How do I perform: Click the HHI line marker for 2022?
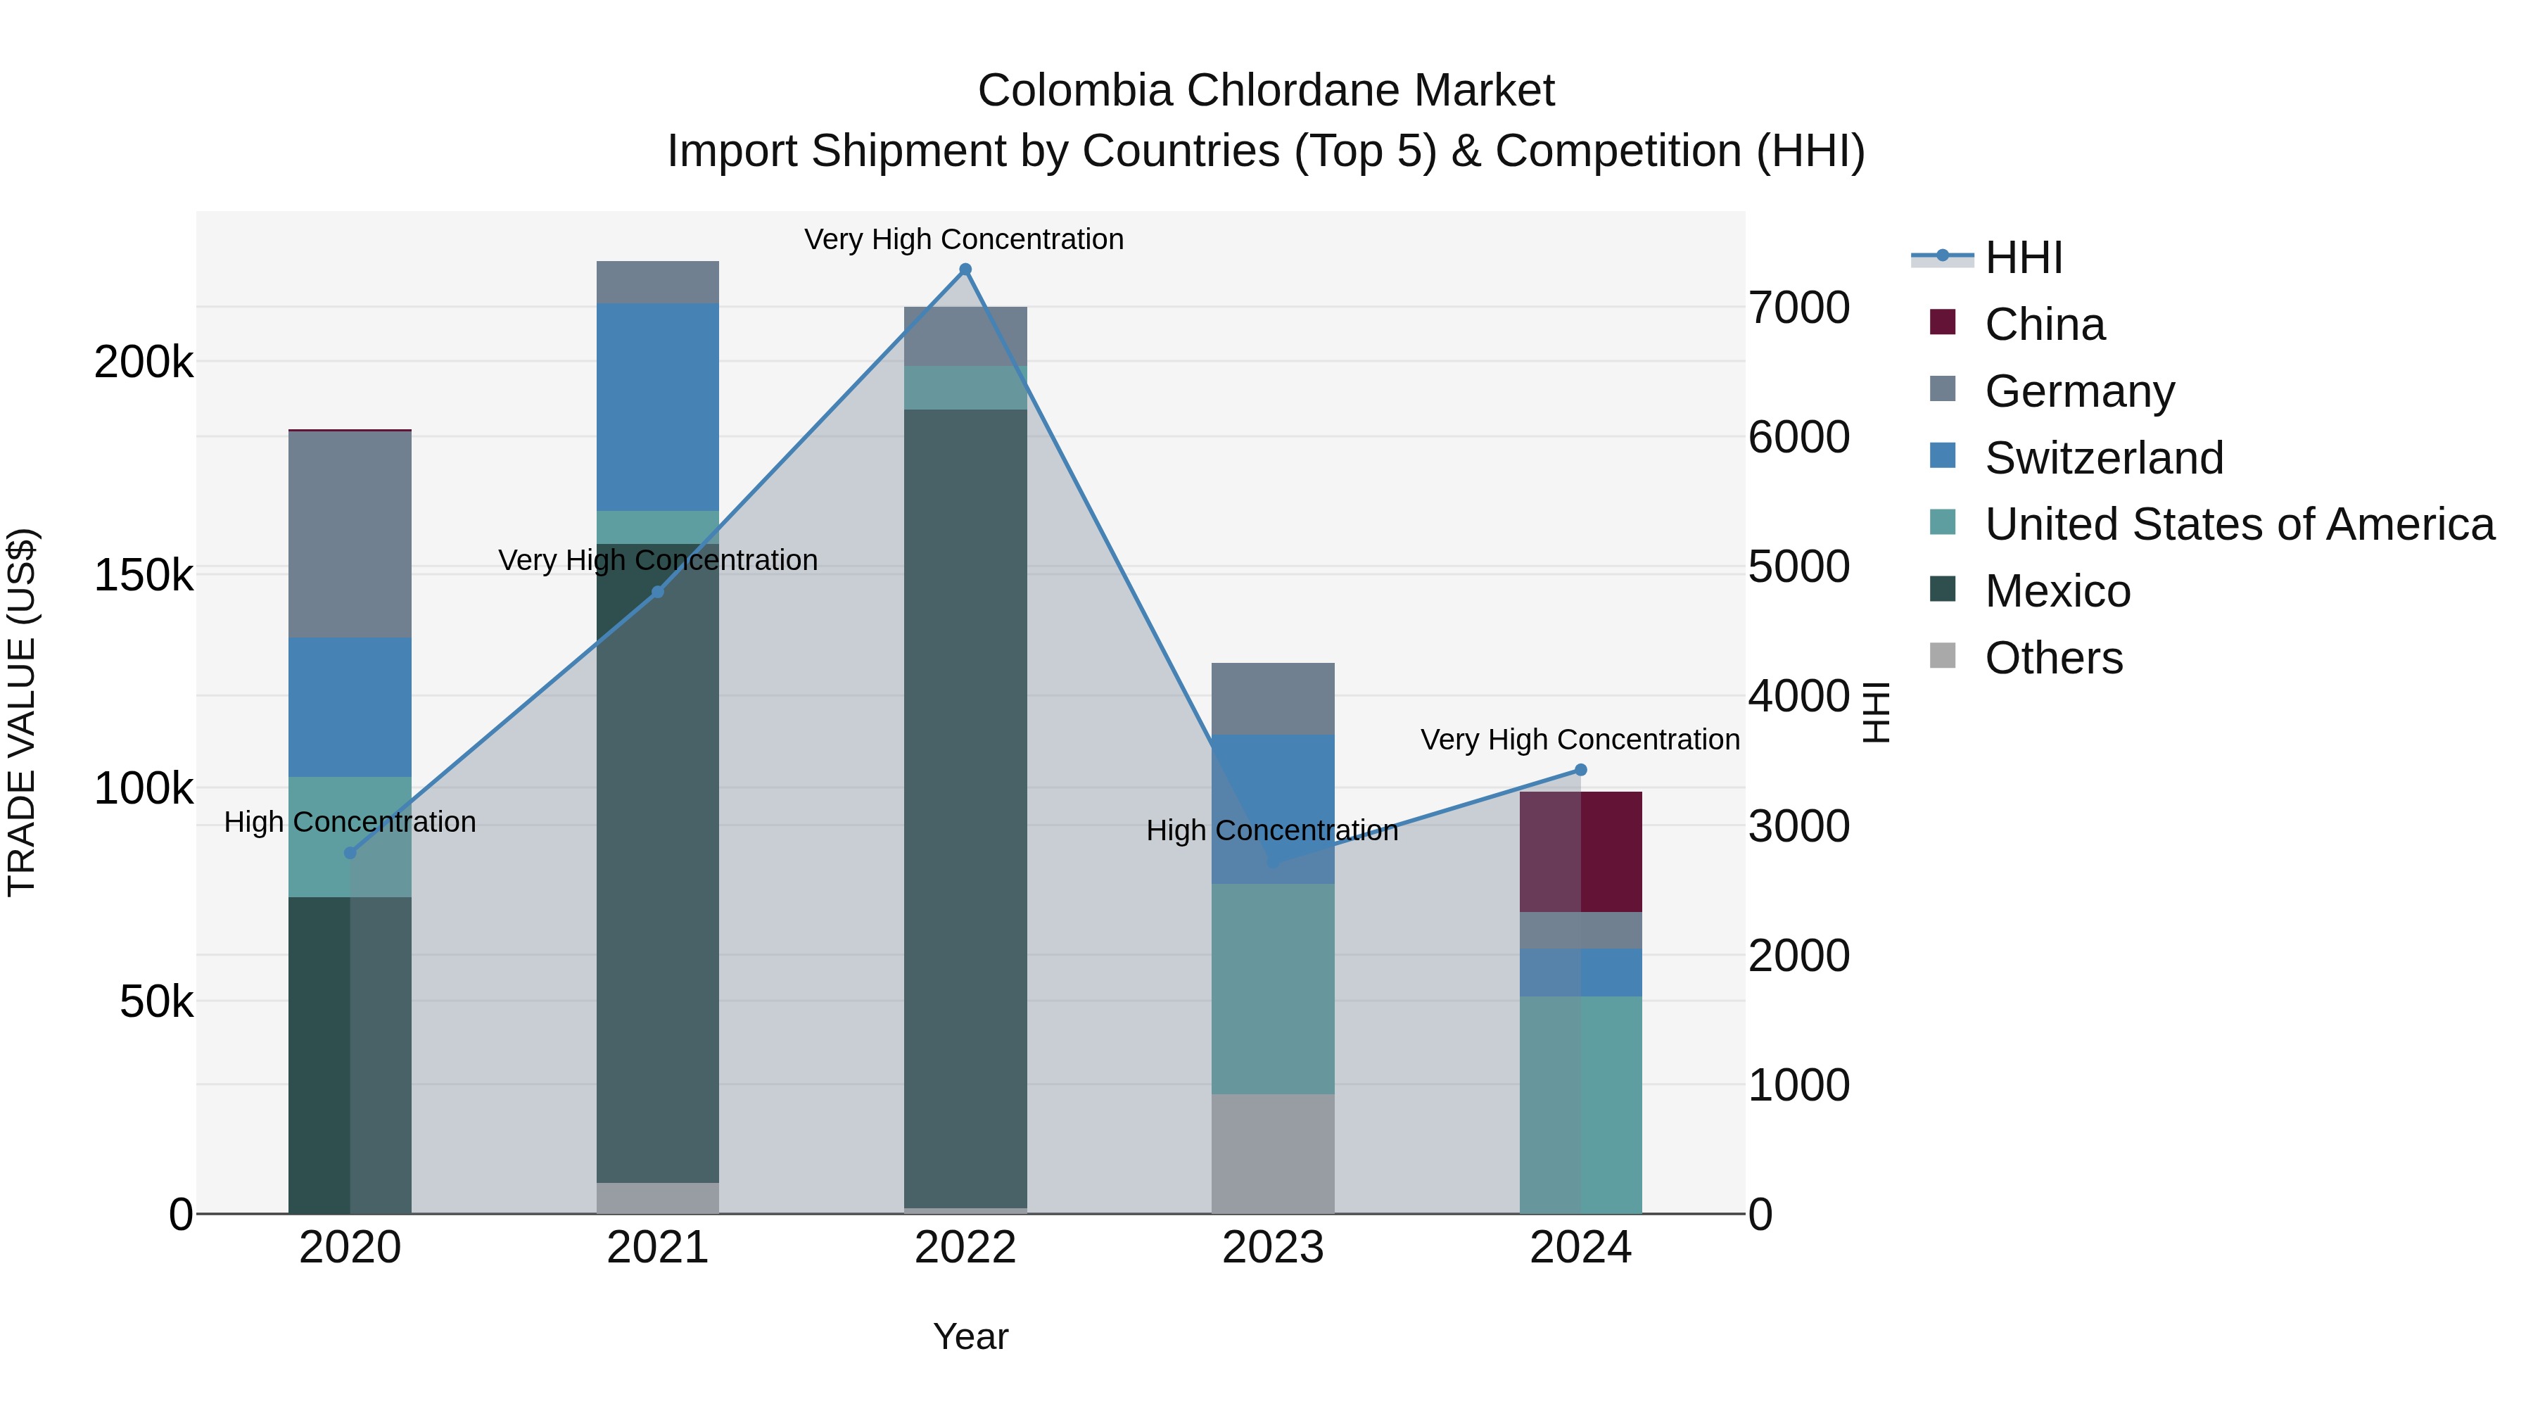965,270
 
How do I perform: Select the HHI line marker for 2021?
658,592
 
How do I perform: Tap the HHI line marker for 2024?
1580,770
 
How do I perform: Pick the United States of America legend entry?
2238,525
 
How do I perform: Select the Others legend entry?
2052,658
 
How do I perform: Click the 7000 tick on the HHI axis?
1798,308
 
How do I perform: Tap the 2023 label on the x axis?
1272,1248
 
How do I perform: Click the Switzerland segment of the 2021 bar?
658,407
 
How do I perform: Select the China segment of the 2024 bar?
1580,851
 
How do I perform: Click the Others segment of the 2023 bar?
1272,1153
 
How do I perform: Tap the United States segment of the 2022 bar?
965,388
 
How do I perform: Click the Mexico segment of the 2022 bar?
965,806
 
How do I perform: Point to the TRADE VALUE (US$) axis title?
22,712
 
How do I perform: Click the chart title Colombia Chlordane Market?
1266,91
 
